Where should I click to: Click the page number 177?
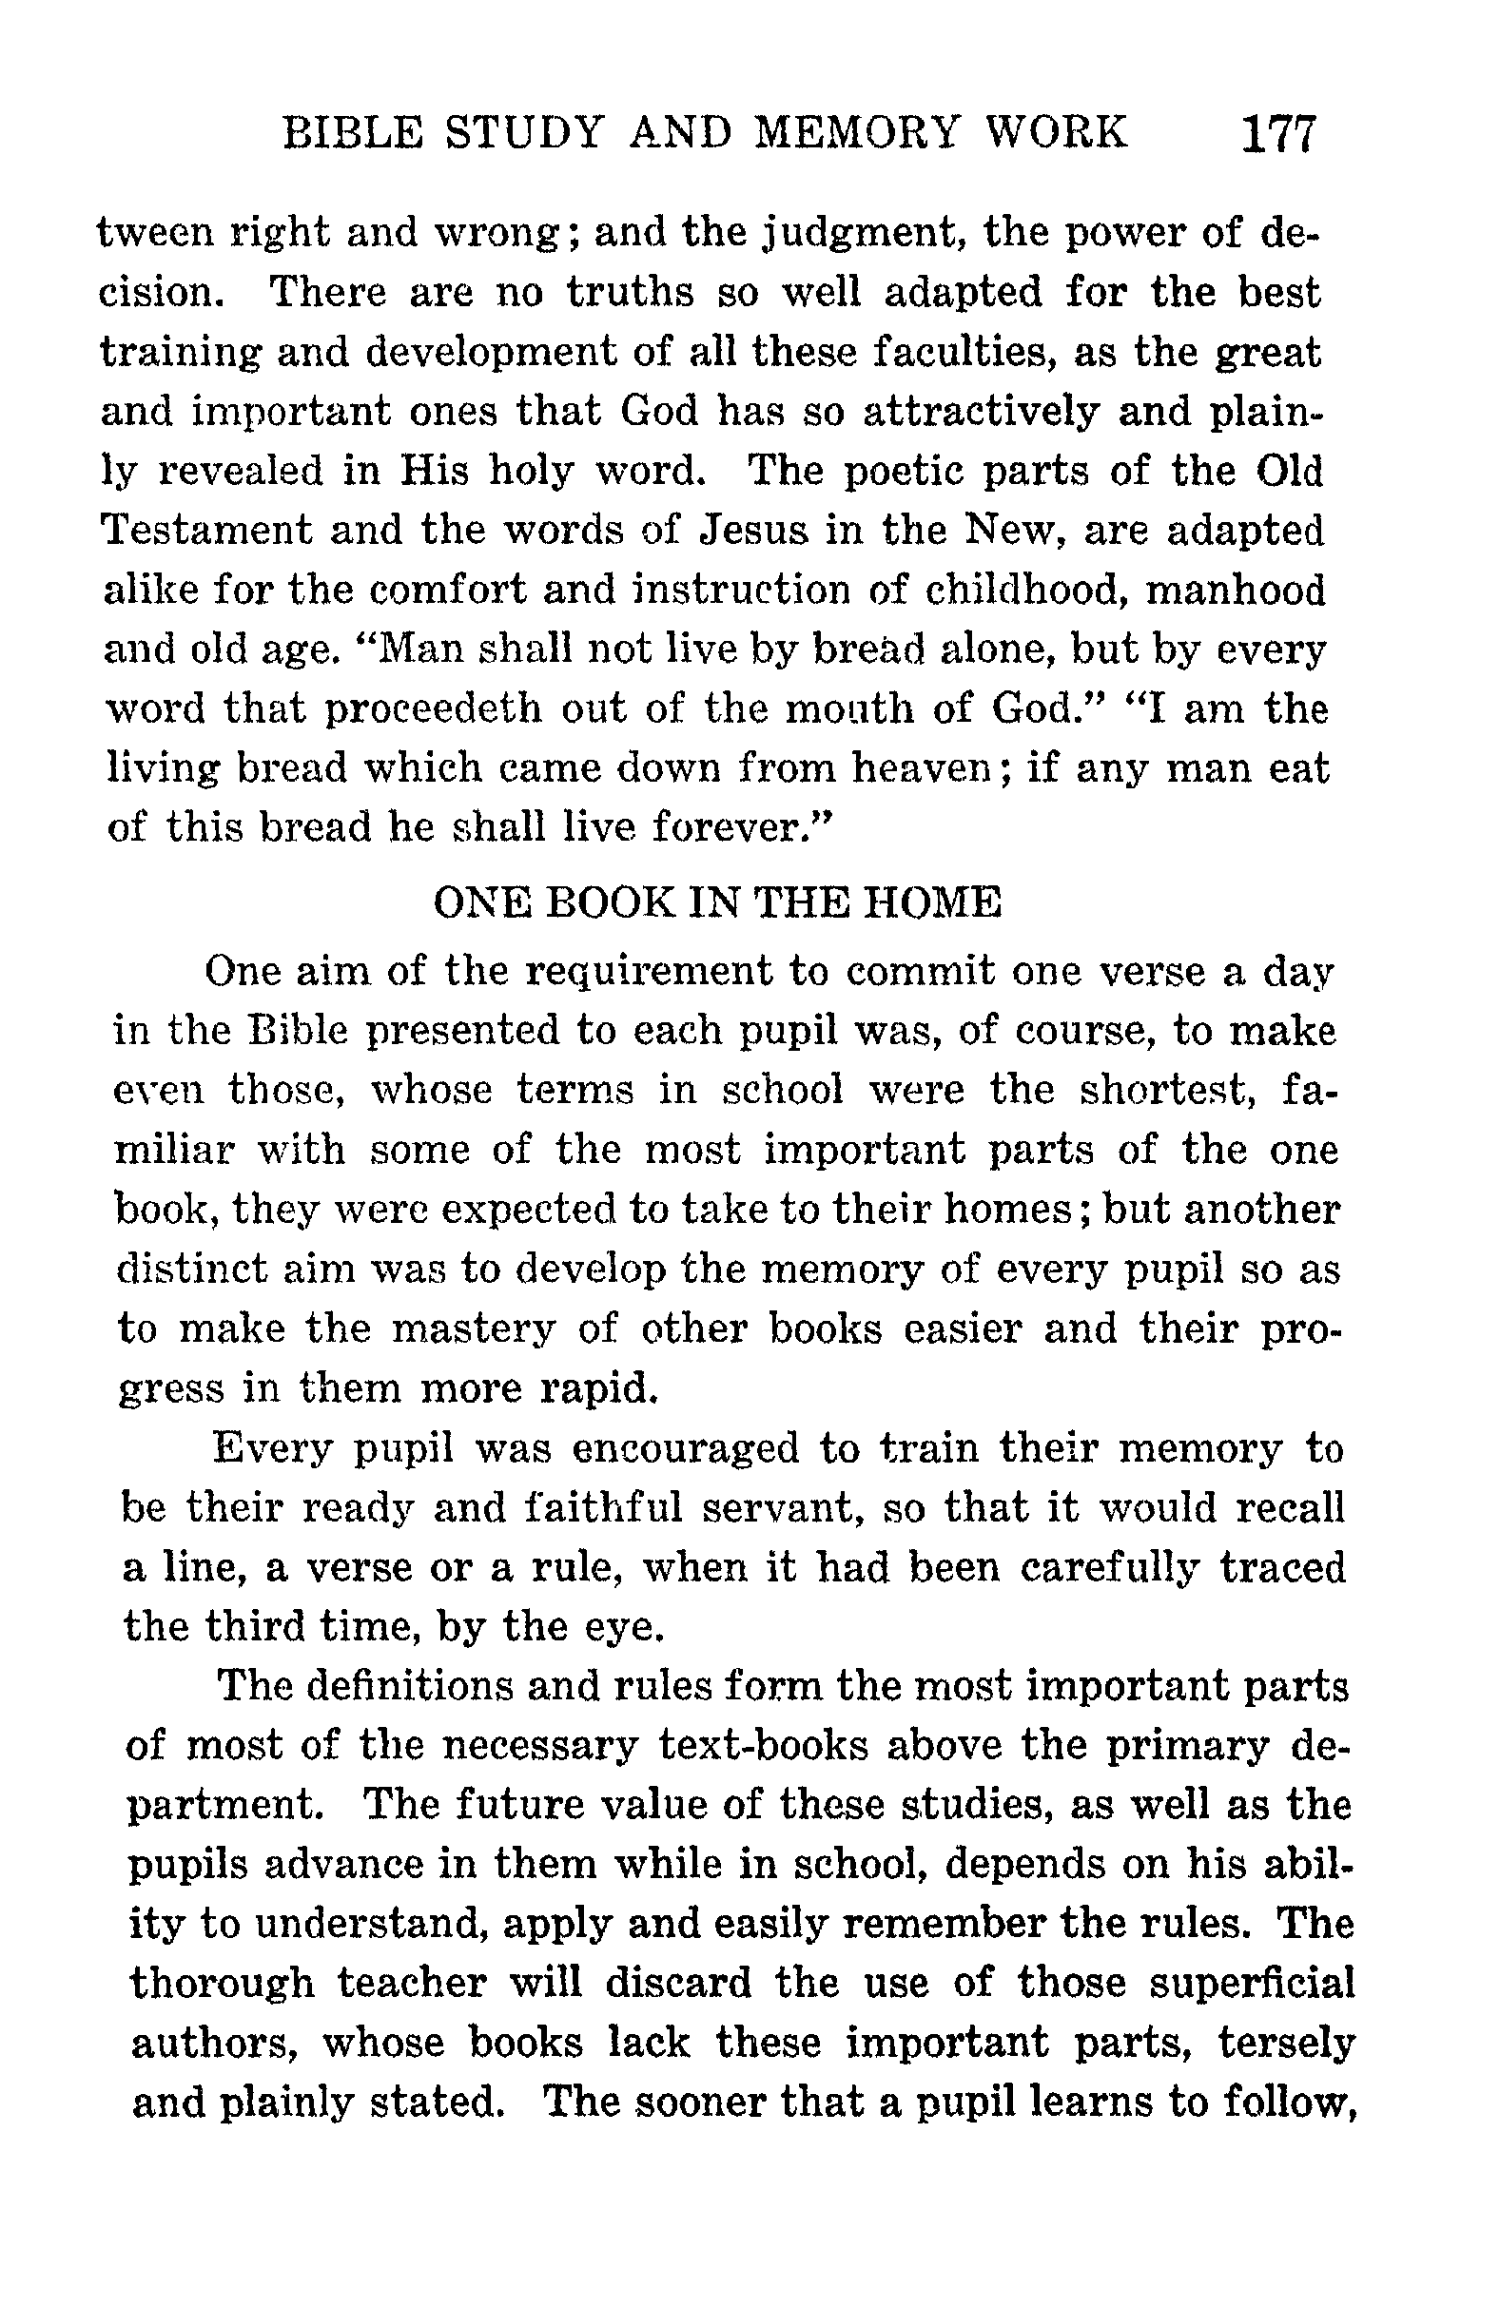[1278, 135]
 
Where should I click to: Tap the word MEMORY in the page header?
[855, 133]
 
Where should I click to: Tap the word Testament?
[205, 532]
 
